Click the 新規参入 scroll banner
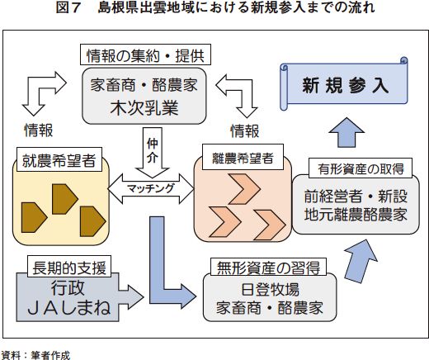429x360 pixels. click(x=344, y=84)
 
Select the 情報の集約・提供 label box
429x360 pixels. click(x=145, y=54)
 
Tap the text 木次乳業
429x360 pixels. click(x=144, y=108)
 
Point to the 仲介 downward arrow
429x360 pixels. click(x=153, y=152)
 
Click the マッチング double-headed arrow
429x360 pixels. click(x=151, y=189)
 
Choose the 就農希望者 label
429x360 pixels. click(x=59, y=159)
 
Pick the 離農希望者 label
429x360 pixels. click(x=243, y=157)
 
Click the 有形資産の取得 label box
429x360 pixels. click(x=361, y=168)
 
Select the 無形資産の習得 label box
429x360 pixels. click(x=268, y=267)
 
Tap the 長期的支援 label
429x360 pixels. click(x=69, y=267)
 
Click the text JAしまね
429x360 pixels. click(x=68, y=308)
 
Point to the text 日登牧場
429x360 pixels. click(x=270, y=289)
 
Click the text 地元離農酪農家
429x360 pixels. click(x=356, y=215)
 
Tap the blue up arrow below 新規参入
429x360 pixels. click(x=346, y=132)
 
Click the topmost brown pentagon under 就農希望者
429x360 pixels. click(x=64, y=199)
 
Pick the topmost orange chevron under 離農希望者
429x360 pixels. click(x=243, y=189)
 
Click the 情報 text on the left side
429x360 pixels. click(x=39, y=130)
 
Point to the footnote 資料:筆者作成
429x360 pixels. click(x=35, y=355)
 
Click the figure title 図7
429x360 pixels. click(x=68, y=7)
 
